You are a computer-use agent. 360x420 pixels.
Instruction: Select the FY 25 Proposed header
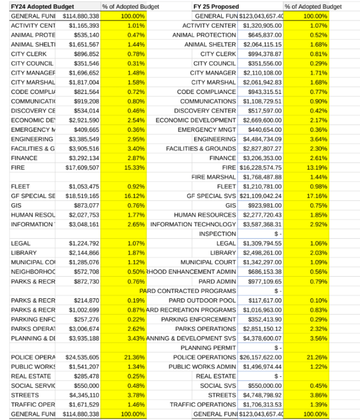tap(216, 6)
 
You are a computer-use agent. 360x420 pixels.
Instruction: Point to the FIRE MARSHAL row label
tap(214, 177)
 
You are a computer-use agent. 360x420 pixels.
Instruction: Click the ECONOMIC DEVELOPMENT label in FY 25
tap(196, 120)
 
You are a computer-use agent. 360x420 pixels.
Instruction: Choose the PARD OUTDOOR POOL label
tap(202, 300)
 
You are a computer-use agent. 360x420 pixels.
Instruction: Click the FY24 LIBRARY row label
tap(25, 253)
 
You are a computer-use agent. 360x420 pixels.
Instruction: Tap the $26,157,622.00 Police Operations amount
tap(261, 357)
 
